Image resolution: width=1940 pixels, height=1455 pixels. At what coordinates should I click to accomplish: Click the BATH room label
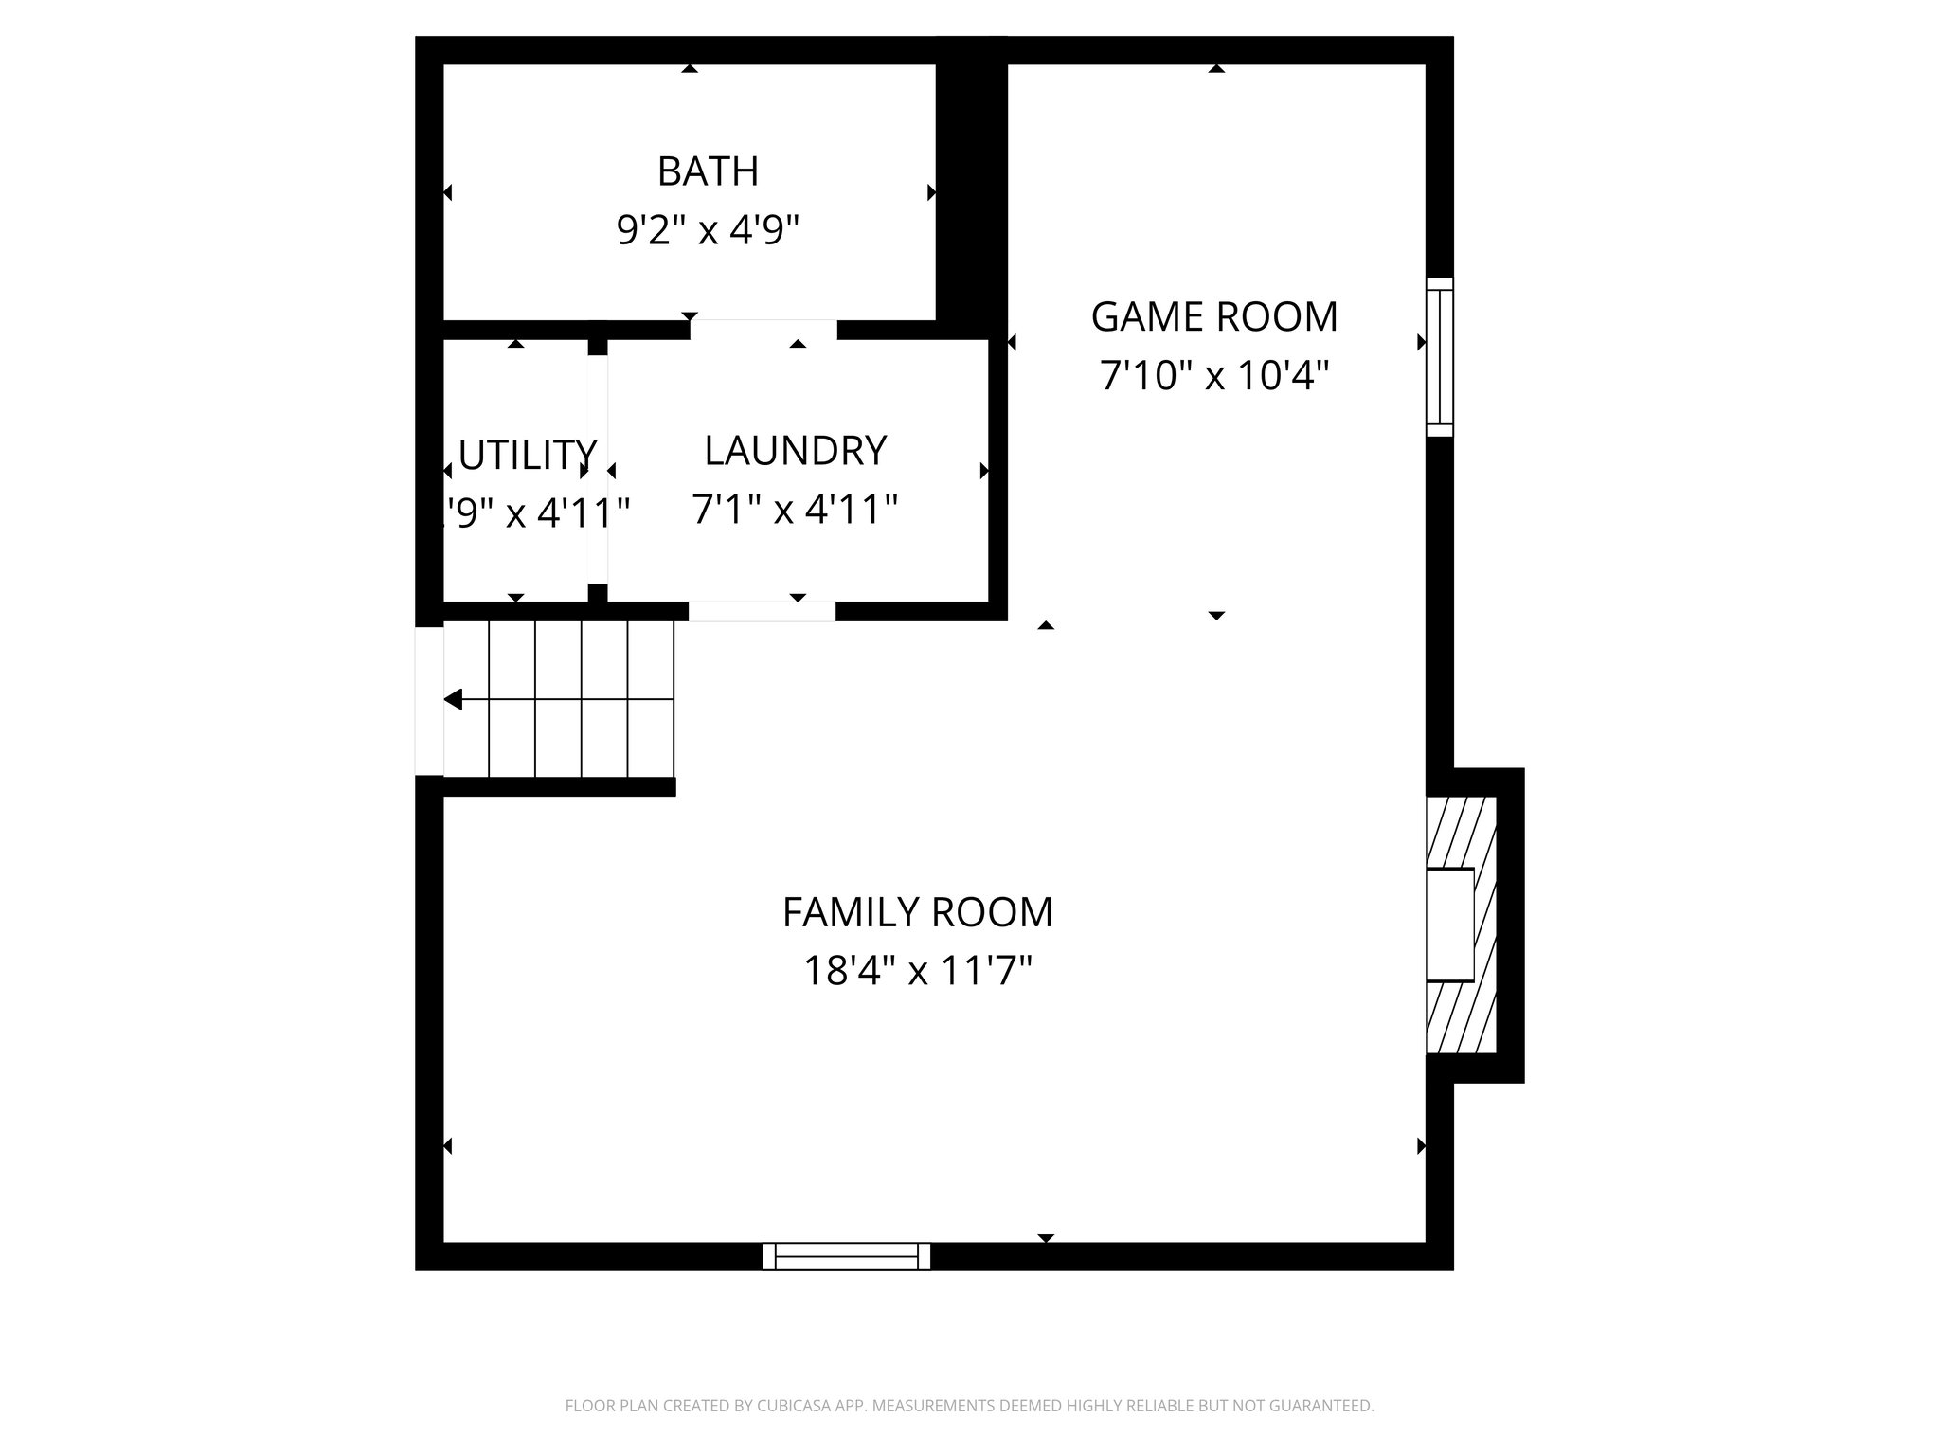coord(708,171)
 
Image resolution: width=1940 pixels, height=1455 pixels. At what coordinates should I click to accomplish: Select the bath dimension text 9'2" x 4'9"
coord(708,230)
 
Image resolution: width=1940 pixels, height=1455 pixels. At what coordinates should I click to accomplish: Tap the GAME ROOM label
coord(1214,316)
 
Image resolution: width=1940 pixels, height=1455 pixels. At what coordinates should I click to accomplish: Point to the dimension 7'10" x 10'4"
coord(1214,376)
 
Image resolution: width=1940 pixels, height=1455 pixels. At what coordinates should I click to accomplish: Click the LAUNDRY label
coord(796,451)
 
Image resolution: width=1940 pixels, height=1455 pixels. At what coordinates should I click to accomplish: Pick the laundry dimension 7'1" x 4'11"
coord(795,510)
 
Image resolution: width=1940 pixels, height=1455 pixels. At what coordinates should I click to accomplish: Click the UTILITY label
coord(527,456)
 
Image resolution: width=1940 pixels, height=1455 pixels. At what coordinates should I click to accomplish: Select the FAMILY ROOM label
coord(917,912)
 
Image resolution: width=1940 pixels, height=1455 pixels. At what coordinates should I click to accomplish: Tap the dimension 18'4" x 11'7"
coord(917,971)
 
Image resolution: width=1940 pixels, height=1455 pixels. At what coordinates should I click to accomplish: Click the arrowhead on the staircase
coord(454,700)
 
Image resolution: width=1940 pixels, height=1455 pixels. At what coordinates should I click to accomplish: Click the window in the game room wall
coord(1439,357)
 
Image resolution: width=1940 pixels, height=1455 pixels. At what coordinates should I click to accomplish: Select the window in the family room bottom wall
coord(847,1256)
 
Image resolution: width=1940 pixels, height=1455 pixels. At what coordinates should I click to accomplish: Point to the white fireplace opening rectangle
coord(1450,925)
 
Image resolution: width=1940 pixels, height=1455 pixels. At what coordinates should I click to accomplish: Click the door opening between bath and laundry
coord(763,330)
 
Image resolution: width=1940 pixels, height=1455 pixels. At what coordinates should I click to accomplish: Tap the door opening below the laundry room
coord(762,612)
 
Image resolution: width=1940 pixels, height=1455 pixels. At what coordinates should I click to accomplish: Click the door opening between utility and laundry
coord(597,470)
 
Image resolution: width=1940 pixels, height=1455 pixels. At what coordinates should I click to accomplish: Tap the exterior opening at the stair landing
coord(429,701)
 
